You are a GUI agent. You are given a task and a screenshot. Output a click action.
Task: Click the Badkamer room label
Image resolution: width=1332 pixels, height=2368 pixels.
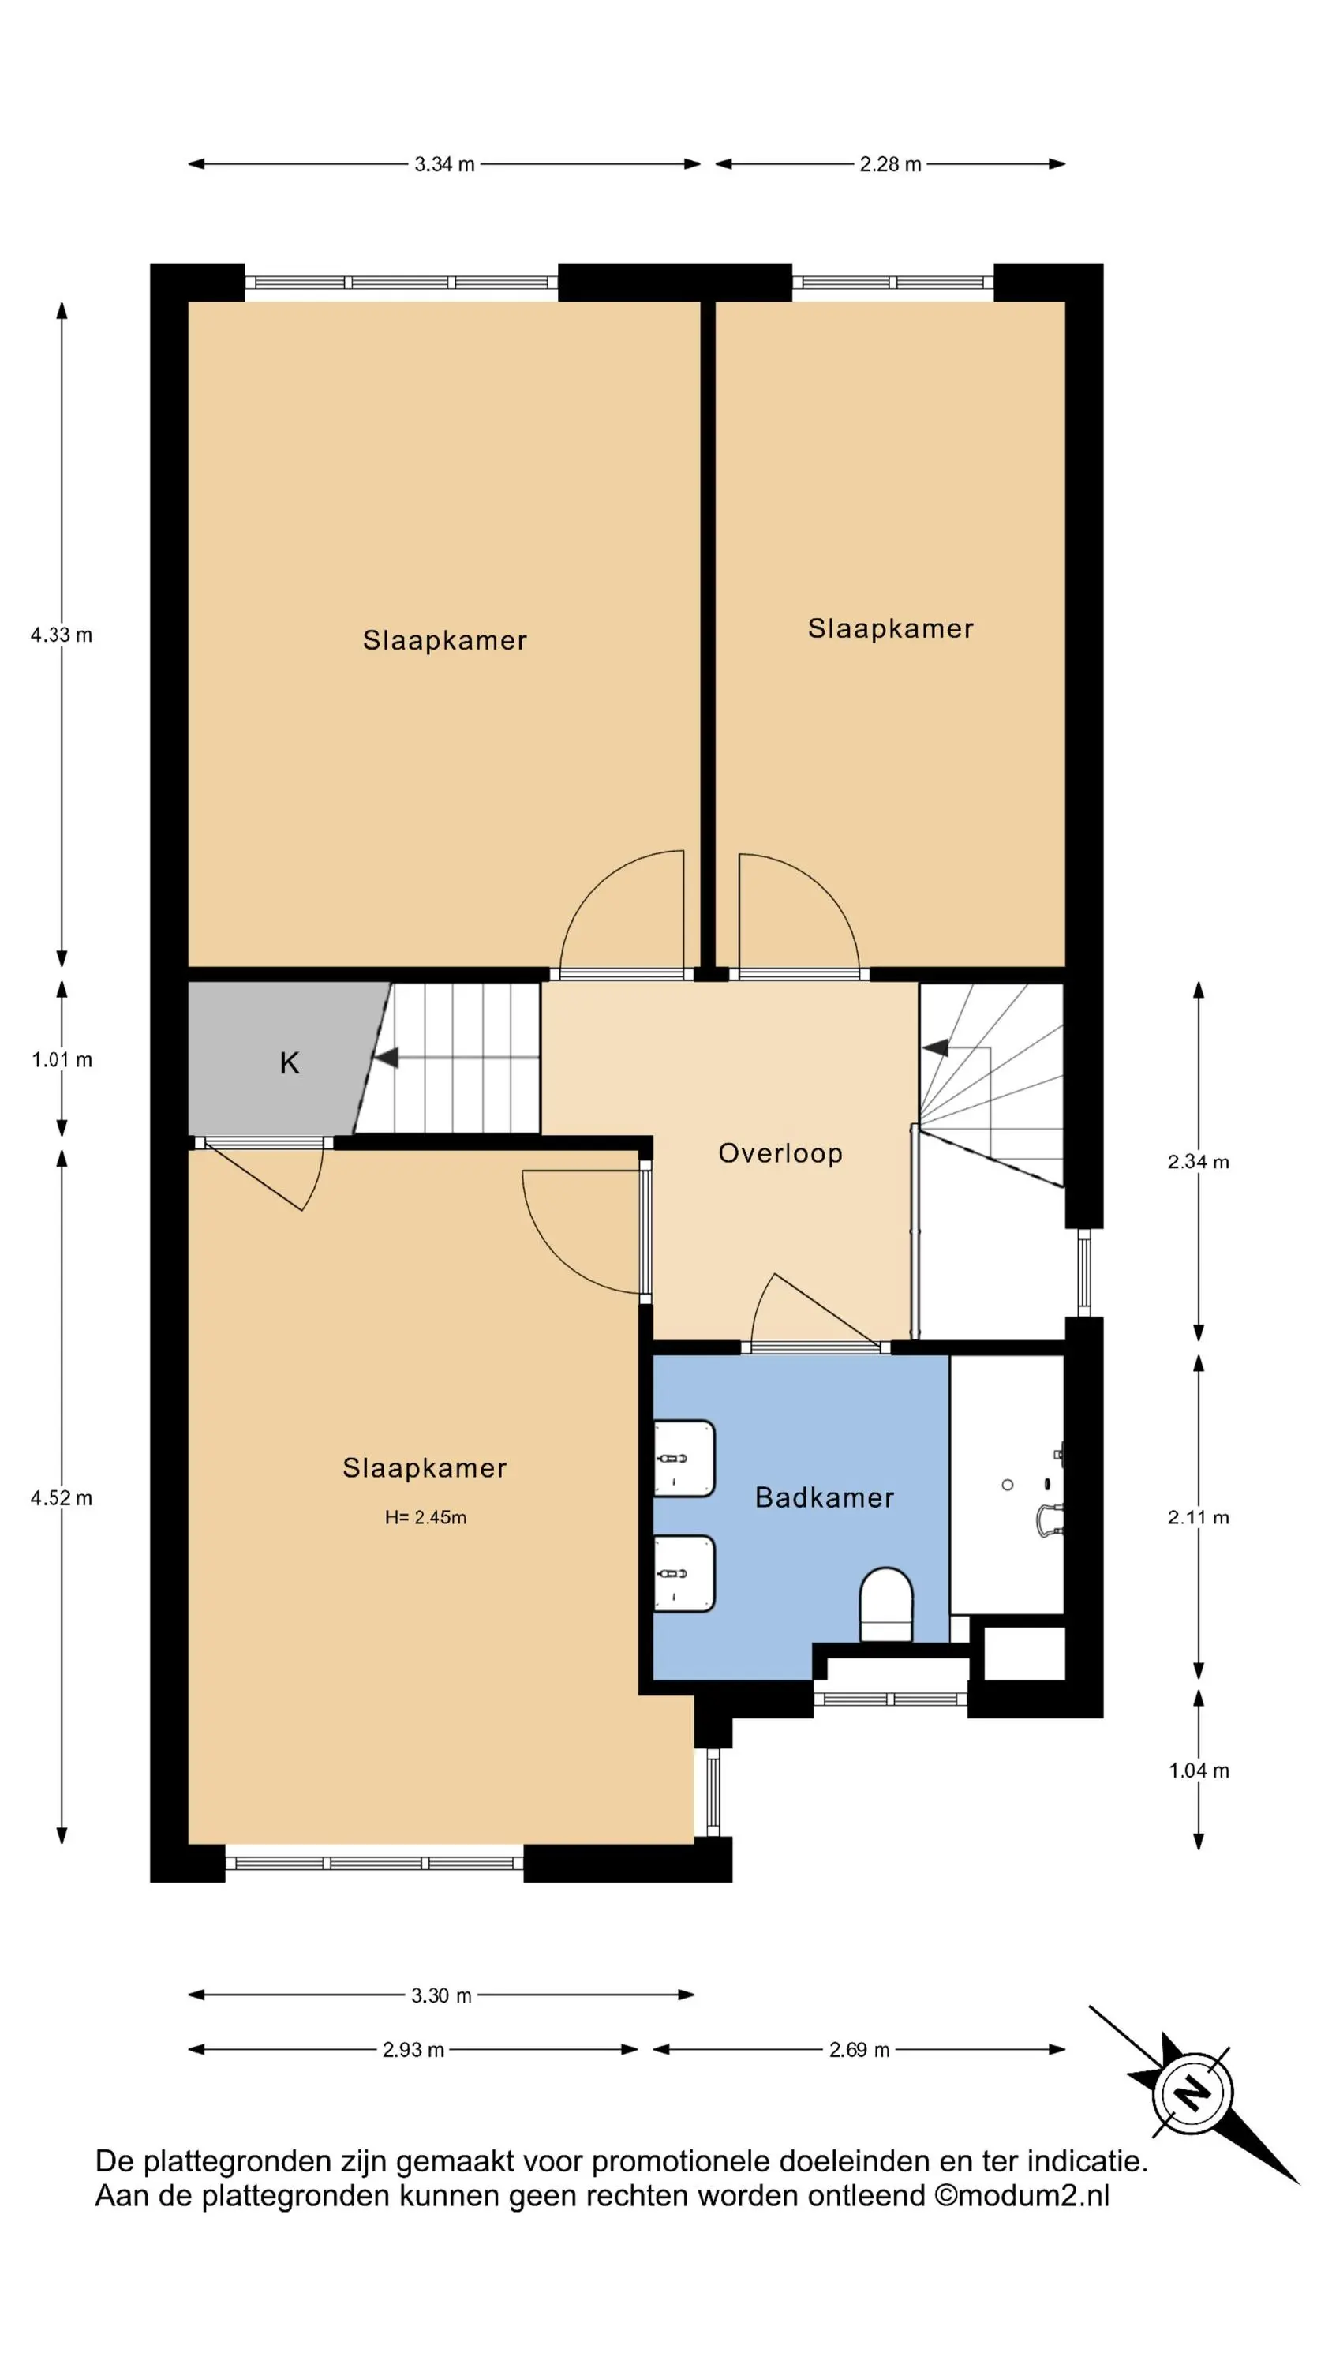coord(824,1497)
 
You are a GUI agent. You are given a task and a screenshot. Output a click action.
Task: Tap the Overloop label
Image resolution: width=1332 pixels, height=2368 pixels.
coord(780,1154)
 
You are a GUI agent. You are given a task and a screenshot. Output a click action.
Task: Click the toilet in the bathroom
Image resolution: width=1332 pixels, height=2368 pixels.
coord(885,1604)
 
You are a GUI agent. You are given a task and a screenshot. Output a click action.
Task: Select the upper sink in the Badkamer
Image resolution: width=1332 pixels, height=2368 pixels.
coord(684,1458)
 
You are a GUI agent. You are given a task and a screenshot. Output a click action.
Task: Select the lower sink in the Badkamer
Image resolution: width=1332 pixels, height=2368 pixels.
coord(684,1573)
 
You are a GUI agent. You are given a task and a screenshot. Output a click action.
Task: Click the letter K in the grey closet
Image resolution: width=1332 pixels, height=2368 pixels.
coord(289,1062)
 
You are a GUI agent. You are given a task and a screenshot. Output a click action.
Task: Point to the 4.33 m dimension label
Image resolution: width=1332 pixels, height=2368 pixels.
coord(62,635)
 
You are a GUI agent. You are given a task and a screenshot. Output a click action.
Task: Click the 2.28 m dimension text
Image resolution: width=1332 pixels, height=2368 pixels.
coord(890,164)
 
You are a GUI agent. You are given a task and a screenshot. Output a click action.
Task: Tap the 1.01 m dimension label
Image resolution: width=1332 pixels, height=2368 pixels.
coord(62,1060)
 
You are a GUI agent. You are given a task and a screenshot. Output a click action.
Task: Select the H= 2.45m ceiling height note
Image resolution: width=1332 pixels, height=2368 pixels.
coord(425,1518)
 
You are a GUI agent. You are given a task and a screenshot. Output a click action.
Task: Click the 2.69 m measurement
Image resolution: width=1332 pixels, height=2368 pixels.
coord(859,2050)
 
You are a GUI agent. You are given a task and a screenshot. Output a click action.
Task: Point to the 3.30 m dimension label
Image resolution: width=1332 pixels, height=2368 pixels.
coord(441,1995)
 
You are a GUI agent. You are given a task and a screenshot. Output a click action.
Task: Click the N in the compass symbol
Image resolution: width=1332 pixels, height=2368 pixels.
coord(1193,2094)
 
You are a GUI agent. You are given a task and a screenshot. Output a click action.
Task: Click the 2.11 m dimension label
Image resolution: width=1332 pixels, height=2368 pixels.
coord(1199,1518)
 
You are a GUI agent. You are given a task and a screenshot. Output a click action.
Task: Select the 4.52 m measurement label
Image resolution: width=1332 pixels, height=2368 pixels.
coord(62,1497)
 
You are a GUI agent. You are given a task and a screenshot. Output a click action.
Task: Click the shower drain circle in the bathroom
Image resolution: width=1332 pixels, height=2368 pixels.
coord(1008,1485)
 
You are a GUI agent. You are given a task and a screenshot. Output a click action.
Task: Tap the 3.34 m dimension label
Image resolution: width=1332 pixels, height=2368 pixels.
coord(444,164)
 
